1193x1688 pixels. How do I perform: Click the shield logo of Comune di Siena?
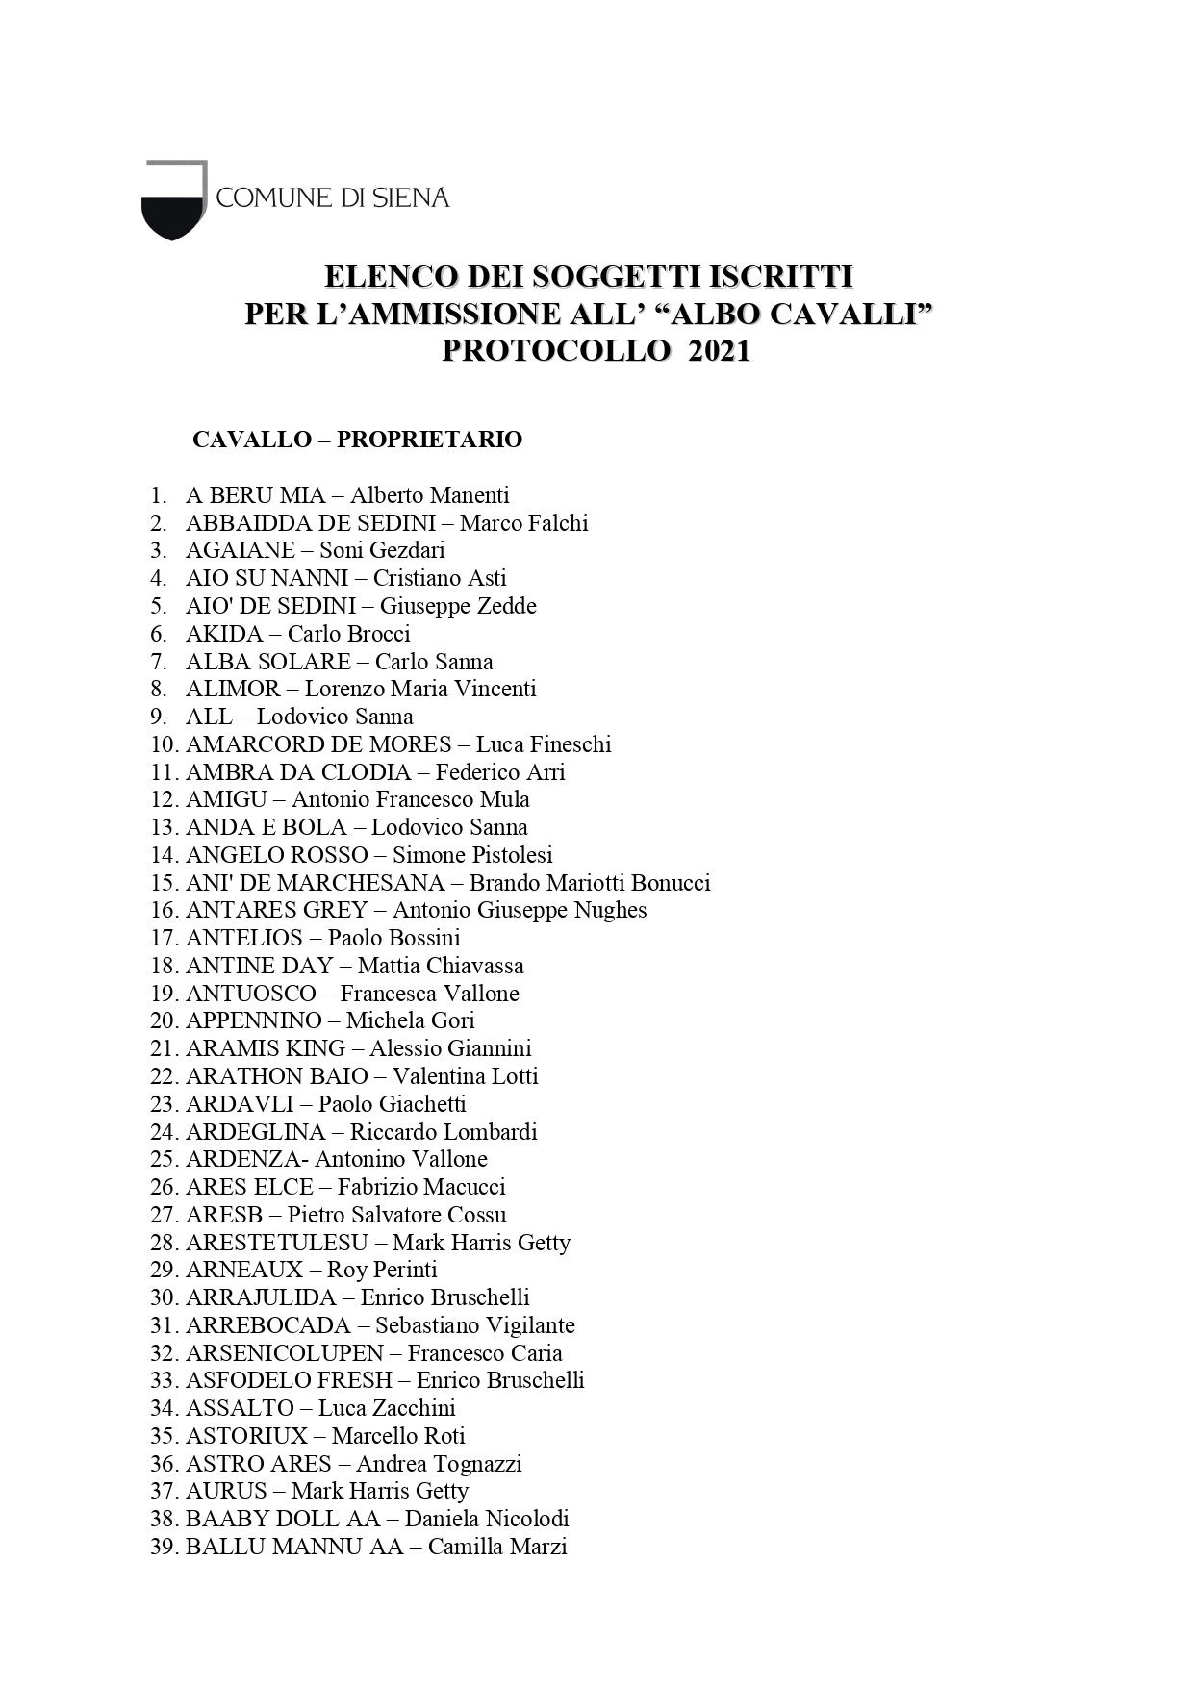point(174,199)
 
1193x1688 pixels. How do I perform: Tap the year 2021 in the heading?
point(719,351)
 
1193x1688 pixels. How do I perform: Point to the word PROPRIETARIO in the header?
point(429,440)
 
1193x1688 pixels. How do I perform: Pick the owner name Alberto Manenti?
point(429,495)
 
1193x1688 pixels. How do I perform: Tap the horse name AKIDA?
point(224,634)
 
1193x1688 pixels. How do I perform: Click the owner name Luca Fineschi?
point(544,744)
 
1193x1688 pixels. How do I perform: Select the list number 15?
point(164,883)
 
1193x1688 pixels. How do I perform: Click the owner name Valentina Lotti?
point(465,1076)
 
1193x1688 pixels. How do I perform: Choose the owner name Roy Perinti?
point(382,1270)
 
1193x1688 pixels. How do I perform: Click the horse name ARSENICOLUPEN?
point(285,1353)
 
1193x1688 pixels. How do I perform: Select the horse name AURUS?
point(226,1491)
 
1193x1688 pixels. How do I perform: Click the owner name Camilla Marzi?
point(497,1547)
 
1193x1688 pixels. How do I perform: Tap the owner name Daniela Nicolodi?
point(487,1519)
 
